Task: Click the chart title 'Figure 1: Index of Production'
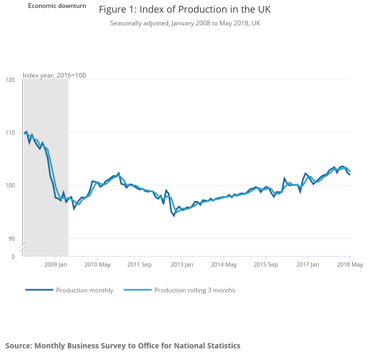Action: coord(184,10)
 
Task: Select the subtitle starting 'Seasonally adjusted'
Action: coord(184,23)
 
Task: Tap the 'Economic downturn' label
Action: coord(57,6)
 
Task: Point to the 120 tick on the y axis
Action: coord(10,80)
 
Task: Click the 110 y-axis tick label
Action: coord(10,132)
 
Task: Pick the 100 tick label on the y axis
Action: coord(10,185)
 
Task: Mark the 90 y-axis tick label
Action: coord(11,239)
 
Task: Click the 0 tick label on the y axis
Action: coord(13,257)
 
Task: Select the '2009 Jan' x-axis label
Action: coord(55,264)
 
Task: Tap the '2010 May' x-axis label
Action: coord(97,264)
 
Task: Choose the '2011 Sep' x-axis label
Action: coord(139,264)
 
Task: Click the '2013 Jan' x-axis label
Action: coord(181,264)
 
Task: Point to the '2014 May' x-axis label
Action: coord(223,264)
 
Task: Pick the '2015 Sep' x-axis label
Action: coord(265,264)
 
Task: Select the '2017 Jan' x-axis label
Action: coord(307,264)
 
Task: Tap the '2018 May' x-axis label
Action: coord(349,264)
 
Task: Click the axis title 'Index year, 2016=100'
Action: coord(54,75)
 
